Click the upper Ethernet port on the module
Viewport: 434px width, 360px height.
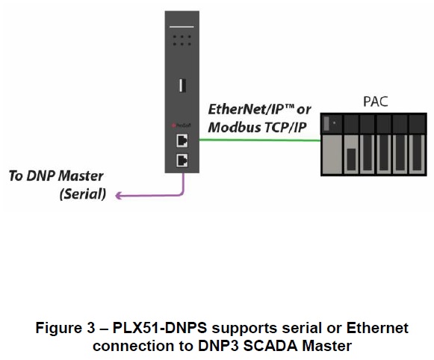tap(181, 140)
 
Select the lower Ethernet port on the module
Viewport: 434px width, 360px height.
tap(181, 158)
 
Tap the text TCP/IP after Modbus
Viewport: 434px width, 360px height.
tap(282, 127)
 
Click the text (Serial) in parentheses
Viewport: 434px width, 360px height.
tap(81, 195)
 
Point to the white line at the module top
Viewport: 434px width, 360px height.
tap(181, 26)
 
